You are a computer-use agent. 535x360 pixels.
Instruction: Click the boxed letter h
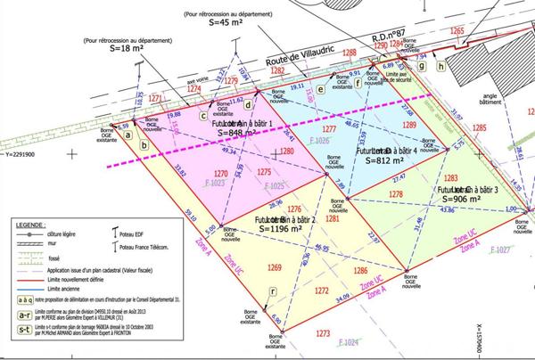[x=440, y=65]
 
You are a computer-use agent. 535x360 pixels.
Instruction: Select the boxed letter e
[x=319, y=90]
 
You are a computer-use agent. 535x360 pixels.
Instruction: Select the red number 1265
[x=457, y=32]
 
